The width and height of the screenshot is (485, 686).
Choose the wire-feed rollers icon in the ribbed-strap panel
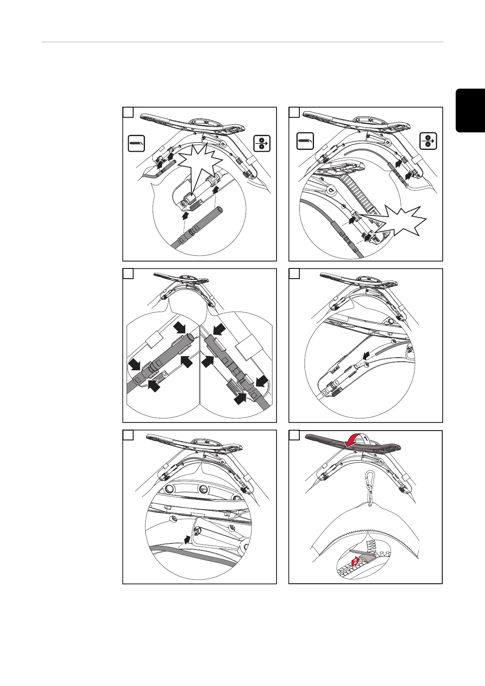tap(428, 142)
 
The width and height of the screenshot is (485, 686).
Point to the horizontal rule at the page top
tap(242, 42)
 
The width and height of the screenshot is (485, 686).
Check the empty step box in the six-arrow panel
tap(128, 274)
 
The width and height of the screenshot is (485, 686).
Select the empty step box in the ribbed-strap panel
tap(294, 112)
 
